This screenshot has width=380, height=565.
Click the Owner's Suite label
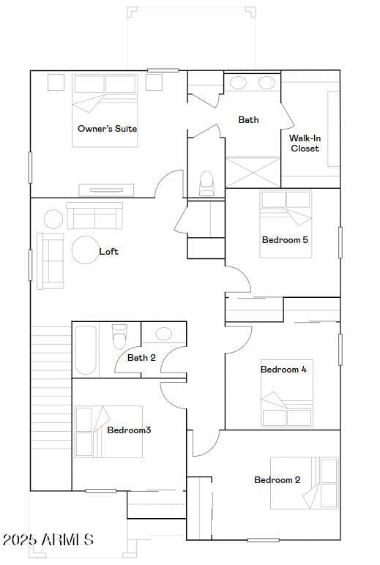coord(107,129)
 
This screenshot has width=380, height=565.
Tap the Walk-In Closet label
coord(305,143)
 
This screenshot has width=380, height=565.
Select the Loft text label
coord(108,252)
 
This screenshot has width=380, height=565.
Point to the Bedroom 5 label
coord(285,239)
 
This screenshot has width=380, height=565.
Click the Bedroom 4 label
coord(283,370)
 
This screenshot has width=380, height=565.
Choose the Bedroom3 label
coord(129,430)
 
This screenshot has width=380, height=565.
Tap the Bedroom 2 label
coord(277,479)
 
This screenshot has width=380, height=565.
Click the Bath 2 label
coord(141,358)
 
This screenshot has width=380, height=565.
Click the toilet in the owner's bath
coord(206,184)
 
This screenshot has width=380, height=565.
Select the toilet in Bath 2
coord(119,337)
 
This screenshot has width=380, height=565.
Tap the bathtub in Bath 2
coord(86,350)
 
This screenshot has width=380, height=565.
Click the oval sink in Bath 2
coord(164,334)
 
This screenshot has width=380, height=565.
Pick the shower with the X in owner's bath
coord(253,172)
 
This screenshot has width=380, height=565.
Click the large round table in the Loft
coord(86,250)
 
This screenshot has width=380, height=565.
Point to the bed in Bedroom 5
coord(286,224)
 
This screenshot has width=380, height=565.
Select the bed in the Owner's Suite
coord(105,111)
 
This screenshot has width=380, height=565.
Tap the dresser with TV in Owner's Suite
coord(106,190)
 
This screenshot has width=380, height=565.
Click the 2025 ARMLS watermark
coord(48,539)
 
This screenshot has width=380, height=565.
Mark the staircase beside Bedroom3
coord(51,408)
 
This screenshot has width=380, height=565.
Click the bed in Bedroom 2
coord(305,483)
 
